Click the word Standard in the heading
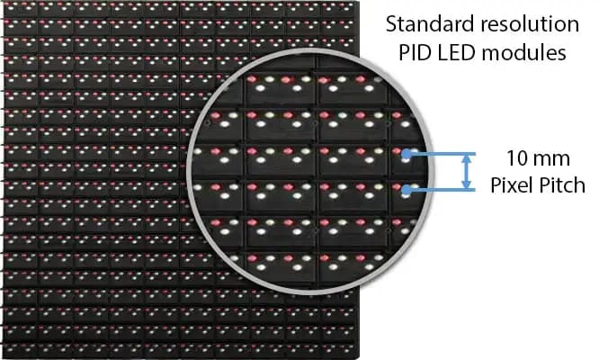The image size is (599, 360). coord(431,24)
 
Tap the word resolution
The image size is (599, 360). coord(530,24)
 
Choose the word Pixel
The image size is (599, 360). coord(511,185)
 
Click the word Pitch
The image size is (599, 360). coord(561,185)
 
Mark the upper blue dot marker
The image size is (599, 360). coord(407,154)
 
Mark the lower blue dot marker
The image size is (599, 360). coord(407,189)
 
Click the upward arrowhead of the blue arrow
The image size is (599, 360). coord(466,157)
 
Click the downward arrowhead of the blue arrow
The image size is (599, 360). coord(466,185)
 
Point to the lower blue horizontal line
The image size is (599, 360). coord(443,190)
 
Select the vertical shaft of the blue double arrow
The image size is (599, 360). coord(466,172)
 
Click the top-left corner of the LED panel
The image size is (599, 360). coord(4,2)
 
